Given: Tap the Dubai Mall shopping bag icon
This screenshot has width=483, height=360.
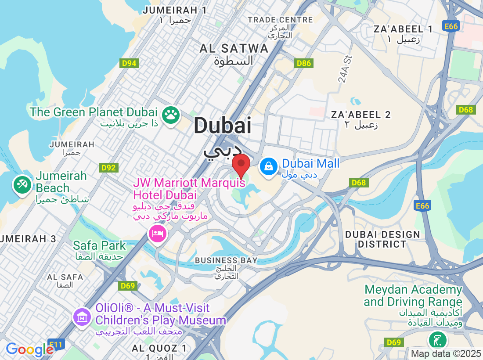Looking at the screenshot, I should click(x=267, y=166).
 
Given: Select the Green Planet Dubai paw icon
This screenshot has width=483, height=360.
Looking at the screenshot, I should click(x=170, y=115).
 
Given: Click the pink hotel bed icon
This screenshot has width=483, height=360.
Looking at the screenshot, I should click(x=157, y=233).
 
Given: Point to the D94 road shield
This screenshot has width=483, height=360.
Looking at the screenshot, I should click(x=129, y=64).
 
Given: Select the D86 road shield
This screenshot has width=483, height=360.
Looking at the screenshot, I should click(x=303, y=64).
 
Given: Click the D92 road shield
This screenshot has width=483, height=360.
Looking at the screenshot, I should click(x=108, y=167).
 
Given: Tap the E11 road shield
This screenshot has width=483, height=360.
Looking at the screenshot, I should click(x=56, y=345).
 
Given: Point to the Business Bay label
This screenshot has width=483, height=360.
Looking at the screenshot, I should click(x=226, y=260).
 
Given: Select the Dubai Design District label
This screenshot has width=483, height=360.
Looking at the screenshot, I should click(x=382, y=239).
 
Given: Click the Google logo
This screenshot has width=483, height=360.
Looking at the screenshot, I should click(x=29, y=349).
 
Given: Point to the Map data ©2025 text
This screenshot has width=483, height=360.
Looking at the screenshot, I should click(x=445, y=353).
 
